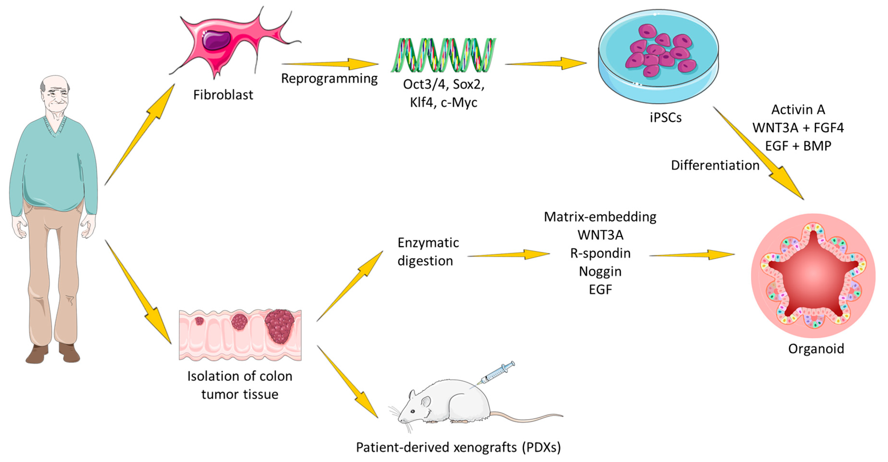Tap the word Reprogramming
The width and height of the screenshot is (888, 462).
329,79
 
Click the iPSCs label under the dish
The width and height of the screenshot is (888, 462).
665,118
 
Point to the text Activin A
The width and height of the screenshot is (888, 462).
798,110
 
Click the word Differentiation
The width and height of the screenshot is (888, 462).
715,165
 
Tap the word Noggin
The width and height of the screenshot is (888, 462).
600,271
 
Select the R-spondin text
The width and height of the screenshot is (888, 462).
600,253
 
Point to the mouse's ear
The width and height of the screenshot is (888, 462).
426,402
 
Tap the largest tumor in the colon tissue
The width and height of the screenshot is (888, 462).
280,325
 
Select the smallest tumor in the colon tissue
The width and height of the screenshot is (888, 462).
199,321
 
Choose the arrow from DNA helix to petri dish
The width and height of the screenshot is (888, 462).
546,64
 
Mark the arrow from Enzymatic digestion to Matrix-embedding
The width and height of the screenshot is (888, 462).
508,255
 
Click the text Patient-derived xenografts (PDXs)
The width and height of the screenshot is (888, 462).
458,447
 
